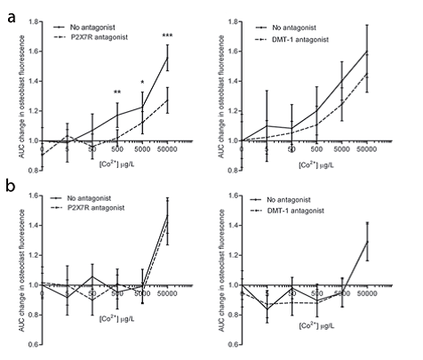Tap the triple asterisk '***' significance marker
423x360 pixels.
pyautogui.click(x=167, y=36)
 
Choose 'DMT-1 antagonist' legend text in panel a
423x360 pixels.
pyautogui.click(x=299, y=40)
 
